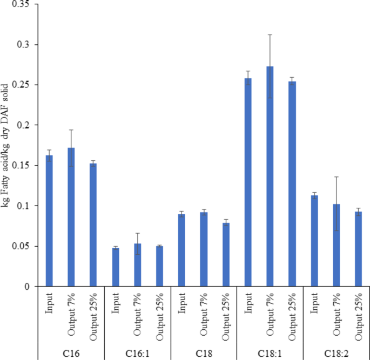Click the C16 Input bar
(49, 221)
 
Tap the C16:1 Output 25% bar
(159, 266)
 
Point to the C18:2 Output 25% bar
(358, 249)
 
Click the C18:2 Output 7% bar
(336, 246)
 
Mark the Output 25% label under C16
(93, 318)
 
